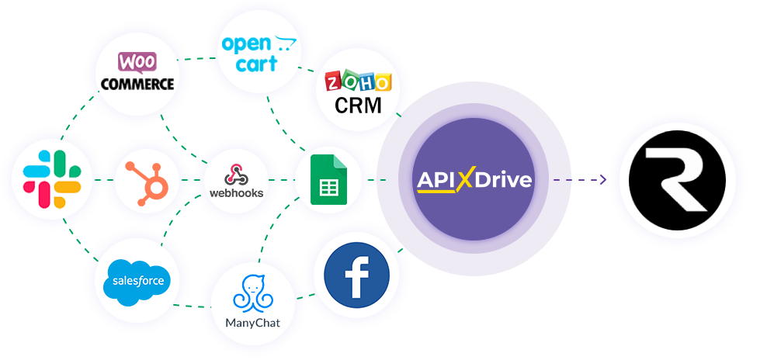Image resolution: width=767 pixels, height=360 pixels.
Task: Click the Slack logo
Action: tap(52, 179)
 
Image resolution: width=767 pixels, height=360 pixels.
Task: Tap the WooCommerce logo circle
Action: tap(137, 73)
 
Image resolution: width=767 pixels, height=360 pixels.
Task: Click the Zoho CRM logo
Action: tap(358, 92)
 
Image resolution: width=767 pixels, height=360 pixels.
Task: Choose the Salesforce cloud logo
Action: tap(137, 279)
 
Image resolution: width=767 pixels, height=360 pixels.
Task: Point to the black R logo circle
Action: tap(677, 180)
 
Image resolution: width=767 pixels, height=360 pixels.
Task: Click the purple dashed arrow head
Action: tap(602, 180)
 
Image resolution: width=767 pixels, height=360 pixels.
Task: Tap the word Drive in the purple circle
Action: tap(505, 181)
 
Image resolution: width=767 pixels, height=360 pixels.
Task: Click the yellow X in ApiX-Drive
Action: tap(464, 181)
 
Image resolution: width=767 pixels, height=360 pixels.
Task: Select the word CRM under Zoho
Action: tap(358, 105)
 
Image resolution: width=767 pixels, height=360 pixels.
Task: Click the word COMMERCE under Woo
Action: tap(137, 84)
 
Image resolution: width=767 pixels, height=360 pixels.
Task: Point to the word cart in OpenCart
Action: tap(256, 64)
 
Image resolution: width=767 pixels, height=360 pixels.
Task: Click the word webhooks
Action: tap(237, 192)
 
